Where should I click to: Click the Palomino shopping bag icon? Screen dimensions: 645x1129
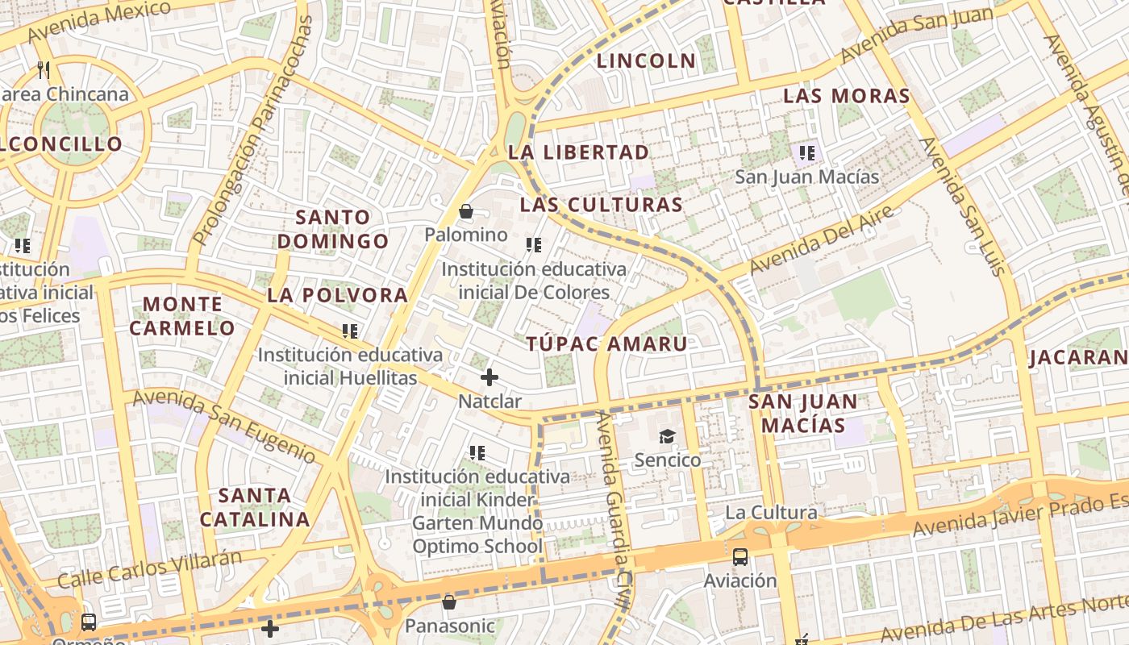pyautogui.click(x=465, y=212)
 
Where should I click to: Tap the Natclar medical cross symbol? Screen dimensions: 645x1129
pyautogui.click(x=489, y=377)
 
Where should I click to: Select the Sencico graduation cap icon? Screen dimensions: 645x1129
pyautogui.click(x=667, y=437)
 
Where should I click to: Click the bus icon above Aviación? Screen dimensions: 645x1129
pyautogui.click(x=739, y=557)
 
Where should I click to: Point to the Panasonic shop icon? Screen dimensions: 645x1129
pyautogui.click(x=449, y=602)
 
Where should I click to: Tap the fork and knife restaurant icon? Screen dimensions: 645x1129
pyautogui.click(x=44, y=71)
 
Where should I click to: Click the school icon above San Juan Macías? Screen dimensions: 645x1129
pyautogui.click(x=806, y=153)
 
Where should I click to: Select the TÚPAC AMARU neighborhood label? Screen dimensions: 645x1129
pyautogui.click(x=607, y=344)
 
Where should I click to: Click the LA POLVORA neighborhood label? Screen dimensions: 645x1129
pyautogui.click(x=337, y=295)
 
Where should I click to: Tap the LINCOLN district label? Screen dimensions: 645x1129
pyautogui.click(x=646, y=60)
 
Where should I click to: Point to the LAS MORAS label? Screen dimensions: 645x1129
pyautogui.click(x=847, y=96)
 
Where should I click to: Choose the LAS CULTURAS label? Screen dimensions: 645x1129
pyautogui.click(x=601, y=205)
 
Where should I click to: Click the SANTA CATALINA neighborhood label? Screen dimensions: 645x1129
pyautogui.click(x=255, y=507)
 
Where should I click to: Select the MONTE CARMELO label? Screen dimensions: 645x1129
pyautogui.click(x=181, y=316)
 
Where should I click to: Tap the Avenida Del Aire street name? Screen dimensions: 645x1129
pyautogui.click(x=822, y=239)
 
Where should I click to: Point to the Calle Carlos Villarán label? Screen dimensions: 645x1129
pyautogui.click(x=150, y=569)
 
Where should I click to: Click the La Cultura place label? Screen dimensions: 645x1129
pyautogui.click(x=771, y=513)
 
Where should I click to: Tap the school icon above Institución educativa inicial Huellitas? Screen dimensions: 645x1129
pyautogui.click(x=350, y=331)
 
